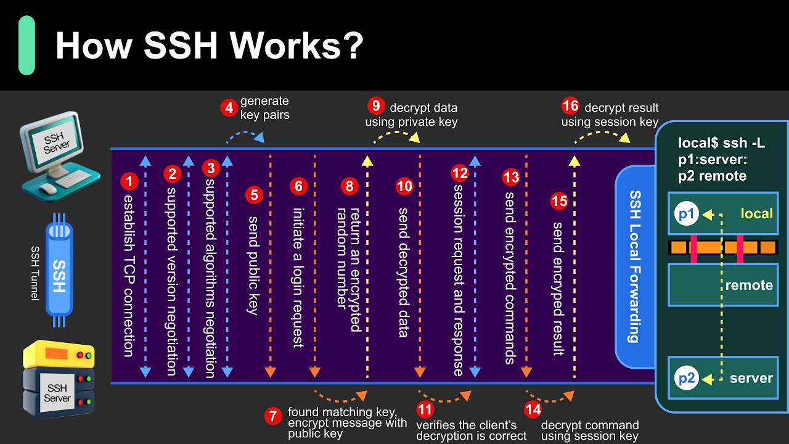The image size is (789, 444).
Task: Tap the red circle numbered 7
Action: coord(272,416)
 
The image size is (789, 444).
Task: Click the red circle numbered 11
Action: coord(425,409)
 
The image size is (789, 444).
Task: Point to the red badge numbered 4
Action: coord(229,108)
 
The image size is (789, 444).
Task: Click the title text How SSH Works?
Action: coord(210,46)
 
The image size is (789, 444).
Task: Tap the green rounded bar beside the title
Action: coord(27,46)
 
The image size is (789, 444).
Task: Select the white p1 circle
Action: coord(686,214)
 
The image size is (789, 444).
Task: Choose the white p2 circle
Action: coord(686,378)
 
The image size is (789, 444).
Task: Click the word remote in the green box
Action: coord(748,285)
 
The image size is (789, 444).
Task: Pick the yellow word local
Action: coord(756,213)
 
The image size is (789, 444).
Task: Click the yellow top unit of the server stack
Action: coord(59,355)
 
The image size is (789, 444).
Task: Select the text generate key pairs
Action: coord(264,107)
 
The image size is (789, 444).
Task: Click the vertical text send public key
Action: coord(253,265)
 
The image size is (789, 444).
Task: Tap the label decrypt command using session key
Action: coord(589,430)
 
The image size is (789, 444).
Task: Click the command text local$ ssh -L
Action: coord(721,143)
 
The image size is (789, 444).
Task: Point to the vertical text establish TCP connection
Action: coord(128,275)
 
